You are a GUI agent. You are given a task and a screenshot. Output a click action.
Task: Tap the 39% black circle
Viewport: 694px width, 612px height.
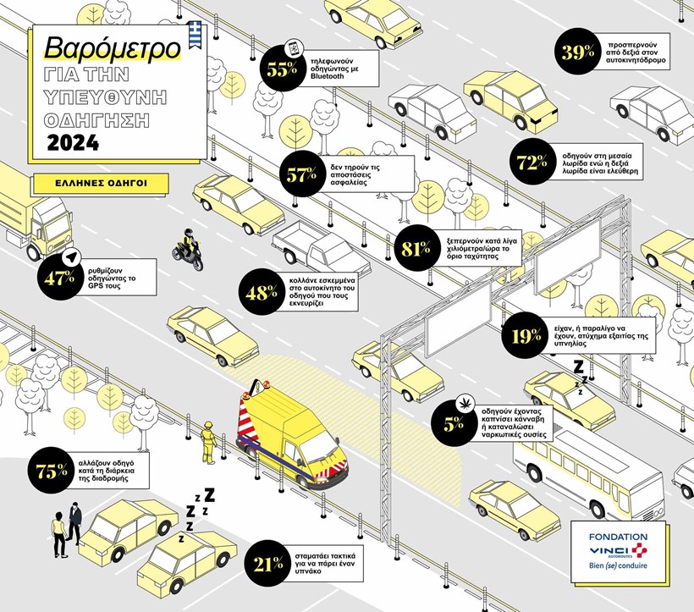pos(578,52)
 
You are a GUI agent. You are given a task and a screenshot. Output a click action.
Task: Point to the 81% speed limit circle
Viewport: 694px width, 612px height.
pos(414,248)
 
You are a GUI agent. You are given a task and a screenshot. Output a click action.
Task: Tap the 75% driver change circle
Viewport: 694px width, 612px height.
pos(52,471)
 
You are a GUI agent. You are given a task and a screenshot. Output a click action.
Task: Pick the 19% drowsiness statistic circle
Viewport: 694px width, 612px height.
pos(526,336)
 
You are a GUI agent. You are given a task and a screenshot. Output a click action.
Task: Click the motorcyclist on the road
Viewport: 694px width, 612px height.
pos(188,251)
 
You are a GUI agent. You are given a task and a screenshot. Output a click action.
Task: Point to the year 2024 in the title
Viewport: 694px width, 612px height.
pos(73,142)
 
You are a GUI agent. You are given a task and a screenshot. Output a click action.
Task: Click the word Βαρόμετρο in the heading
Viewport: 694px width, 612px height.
pos(113,47)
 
